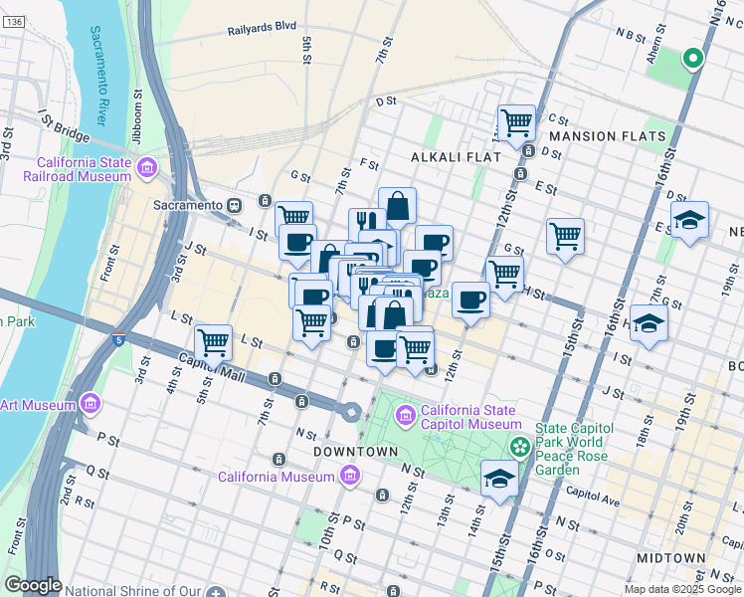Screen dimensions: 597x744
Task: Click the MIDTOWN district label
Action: (x=673, y=558)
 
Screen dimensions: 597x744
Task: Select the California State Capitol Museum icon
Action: (x=406, y=414)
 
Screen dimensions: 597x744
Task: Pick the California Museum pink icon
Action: (x=349, y=477)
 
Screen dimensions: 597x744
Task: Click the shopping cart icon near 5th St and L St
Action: (x=214, y=342)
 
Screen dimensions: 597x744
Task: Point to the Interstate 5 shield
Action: (x=118, y=339)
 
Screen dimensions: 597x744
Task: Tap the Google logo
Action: (x=33, y=585)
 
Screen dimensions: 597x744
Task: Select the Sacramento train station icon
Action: (x=235, y=205)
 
